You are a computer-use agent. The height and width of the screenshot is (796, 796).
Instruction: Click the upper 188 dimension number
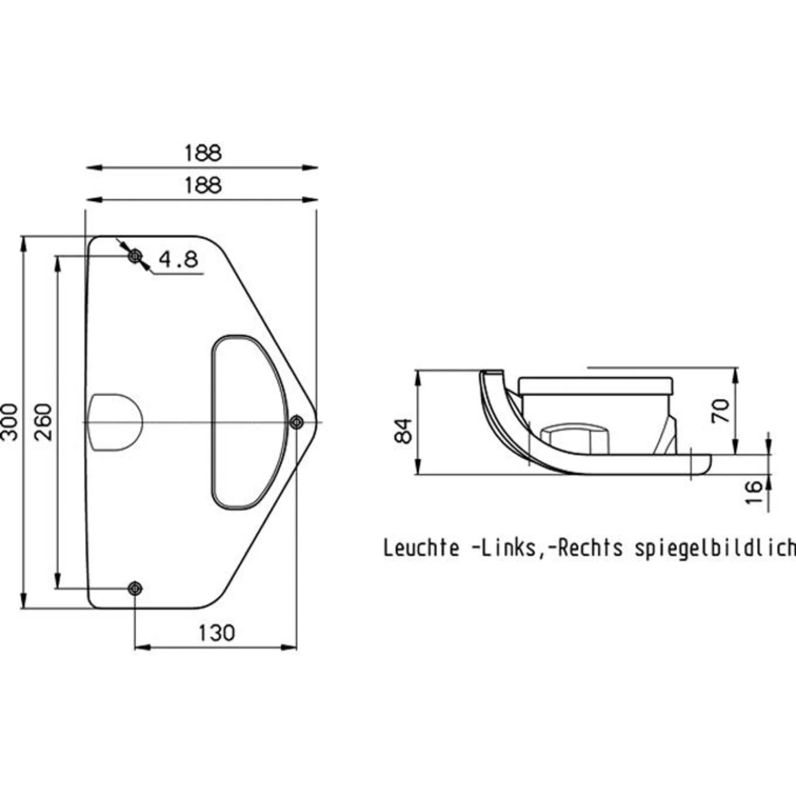pyautogui.click(x=203, y=153)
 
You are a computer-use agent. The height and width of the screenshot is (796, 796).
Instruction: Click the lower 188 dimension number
pyautogui.click(x=203, y=185)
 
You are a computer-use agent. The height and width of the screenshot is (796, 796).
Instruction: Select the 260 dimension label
pyautogui.click(x=43, y=422)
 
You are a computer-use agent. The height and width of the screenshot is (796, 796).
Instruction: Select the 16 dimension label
pyautogui.click(x=754, y=492)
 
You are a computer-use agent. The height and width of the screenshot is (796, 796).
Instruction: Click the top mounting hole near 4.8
pyautogui.click(x=135, y=257)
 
